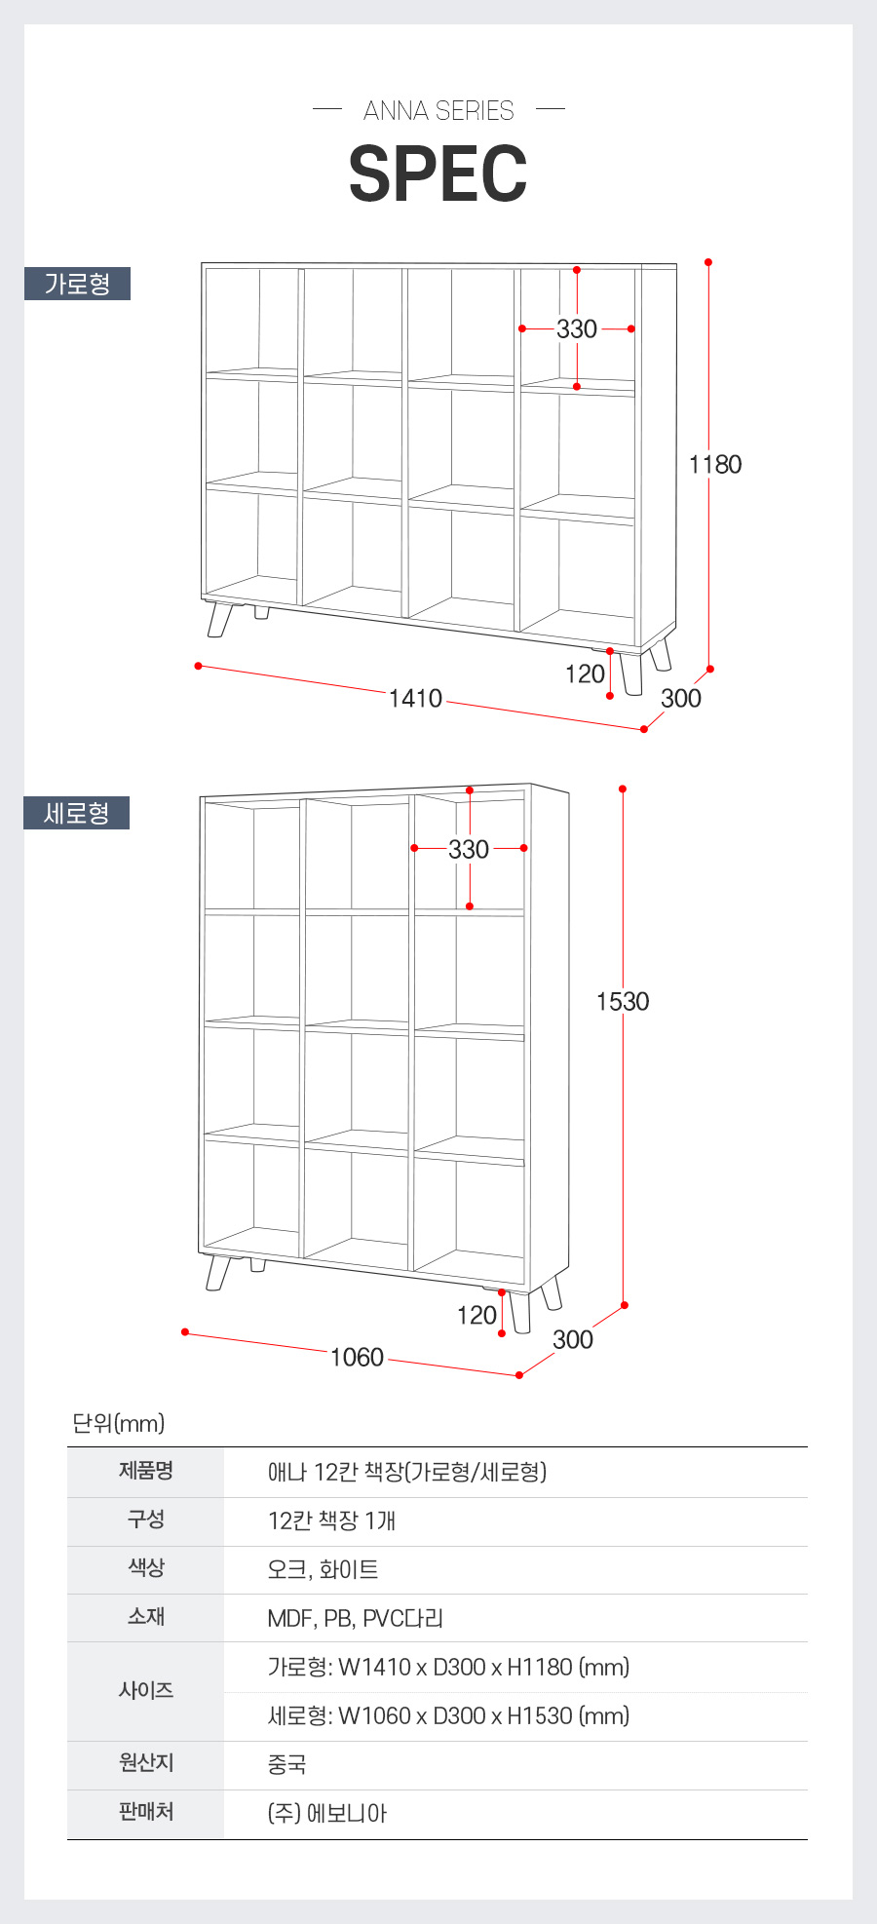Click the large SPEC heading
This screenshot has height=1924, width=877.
tap(438, 174)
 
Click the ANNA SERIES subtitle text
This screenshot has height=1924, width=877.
tap(438, 111)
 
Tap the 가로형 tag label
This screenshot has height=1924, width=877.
tap(77, 284)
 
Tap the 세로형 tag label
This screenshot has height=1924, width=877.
tap(76, 813)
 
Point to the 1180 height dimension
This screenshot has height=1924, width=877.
tap(715, 465)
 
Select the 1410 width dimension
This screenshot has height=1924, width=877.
tap(415, 699)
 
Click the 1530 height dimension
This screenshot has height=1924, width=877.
tap(623, 1002)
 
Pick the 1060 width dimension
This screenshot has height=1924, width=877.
tap(357, 1358)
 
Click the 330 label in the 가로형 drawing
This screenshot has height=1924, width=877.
tap(577, 329)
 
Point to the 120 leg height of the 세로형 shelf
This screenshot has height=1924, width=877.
tap(477, 1316)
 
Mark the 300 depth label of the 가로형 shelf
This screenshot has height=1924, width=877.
tap(681, 699)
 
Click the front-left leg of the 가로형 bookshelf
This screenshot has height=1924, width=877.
tap(220, 620)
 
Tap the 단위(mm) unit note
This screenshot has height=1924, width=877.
tap(119, 1423)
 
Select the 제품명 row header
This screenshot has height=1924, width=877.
tap(146, 1471)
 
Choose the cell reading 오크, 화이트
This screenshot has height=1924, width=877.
tap(323, 1569)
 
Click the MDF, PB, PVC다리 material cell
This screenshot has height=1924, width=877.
tap(356, 1618)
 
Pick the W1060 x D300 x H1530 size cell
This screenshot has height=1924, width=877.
tap(448, 1715)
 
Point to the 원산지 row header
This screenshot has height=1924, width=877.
tap(146, 1762)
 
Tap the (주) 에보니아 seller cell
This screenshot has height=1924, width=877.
tap(327, 1813)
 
